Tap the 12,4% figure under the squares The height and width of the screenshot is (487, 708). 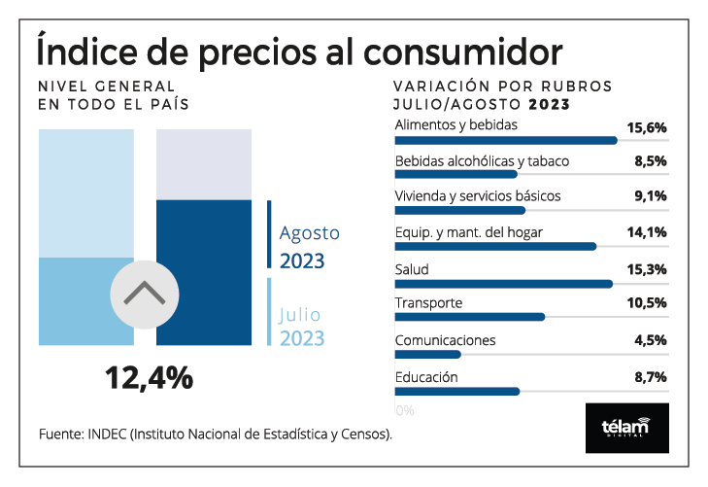(x=150, y=377)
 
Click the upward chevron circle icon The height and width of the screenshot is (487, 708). (x=144, y=292)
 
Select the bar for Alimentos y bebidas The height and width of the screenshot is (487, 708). (x=506, y=140)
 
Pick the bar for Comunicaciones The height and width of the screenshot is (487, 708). (x=428, y=354)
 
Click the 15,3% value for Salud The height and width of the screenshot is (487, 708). (x=647, y=268)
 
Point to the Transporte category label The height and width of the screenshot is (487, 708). (x=428, y=303)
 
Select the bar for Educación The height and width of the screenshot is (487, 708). (x=457, y=391)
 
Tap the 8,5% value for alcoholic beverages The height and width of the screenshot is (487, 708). (x=651, y=161)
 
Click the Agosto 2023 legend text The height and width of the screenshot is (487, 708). (x=309, y=247)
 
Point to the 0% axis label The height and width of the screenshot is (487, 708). (x=405, y=410)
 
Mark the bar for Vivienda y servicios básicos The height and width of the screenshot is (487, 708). (x=460, y=210)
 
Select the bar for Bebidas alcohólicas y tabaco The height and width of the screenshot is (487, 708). (x=456, y=175)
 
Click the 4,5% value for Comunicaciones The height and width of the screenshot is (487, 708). (x=651, y=339)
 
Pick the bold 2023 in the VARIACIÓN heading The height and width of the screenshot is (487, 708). (x=548, y=103)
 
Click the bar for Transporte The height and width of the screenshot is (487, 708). (x=470, y=317)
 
